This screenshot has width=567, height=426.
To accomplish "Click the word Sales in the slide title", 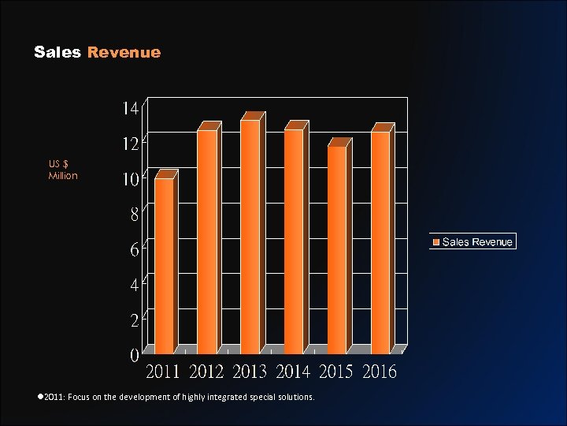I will click(57, 53).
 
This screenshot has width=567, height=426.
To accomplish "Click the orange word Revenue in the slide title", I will click(124, 53).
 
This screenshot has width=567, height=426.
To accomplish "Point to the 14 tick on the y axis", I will click(130, 108).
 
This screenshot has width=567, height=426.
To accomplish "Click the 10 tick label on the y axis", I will click(130, 179).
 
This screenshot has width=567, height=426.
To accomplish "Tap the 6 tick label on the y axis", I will click(135, 250).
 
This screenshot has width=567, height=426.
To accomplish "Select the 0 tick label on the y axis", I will click(135, 356).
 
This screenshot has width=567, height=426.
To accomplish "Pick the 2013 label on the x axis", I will click(250, 371).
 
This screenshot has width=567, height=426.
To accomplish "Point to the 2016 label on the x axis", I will click(380, 371).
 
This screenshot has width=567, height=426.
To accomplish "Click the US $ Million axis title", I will click(63, 170).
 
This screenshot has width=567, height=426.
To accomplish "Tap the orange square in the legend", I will click(435, 242).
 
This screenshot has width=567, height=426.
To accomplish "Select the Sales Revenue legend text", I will click(477, 242).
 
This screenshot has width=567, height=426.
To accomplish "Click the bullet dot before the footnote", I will click(39, 397).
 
